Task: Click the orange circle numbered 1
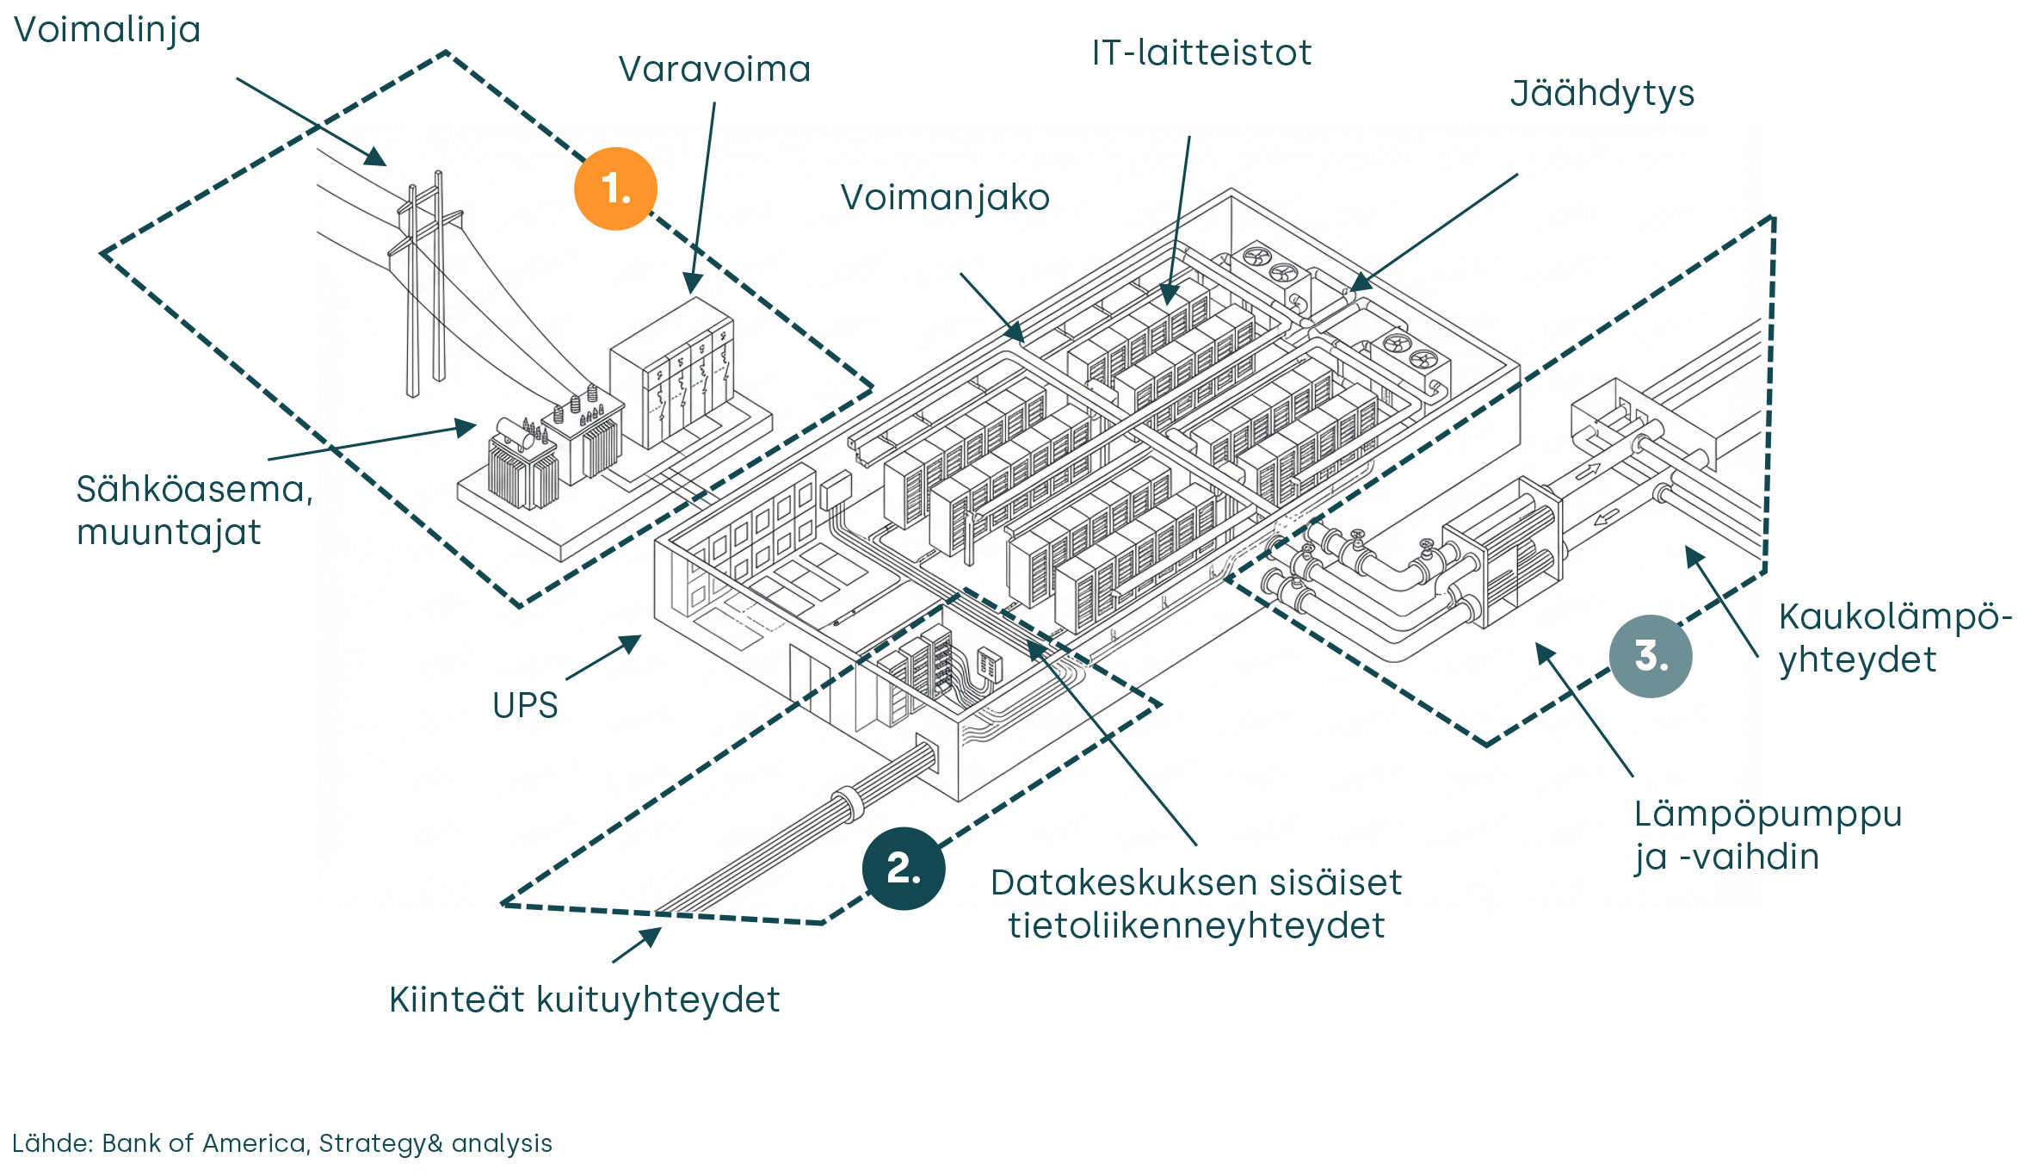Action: coord(615,189)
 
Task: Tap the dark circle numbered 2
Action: coord(903,868)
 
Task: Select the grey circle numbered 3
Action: coord(1650,656)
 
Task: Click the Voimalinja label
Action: coord(108,30)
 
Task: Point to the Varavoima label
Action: coord(714,70)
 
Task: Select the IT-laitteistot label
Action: coord(1201,53)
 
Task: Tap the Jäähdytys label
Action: coord(1602,94)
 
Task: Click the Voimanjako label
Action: coord(945,198)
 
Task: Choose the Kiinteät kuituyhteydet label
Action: coord(584,1000)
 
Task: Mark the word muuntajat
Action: coord(169,533)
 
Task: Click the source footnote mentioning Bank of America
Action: coord(282,1143)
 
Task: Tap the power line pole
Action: coord(425,284)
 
